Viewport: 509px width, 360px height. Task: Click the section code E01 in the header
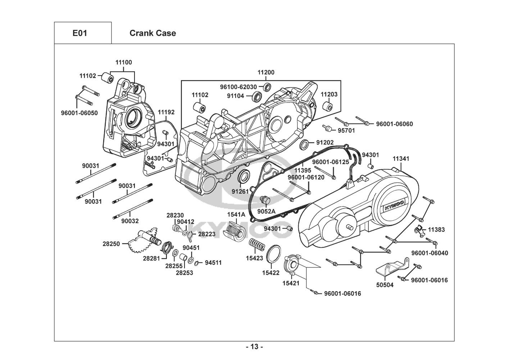click(x=79, y=33)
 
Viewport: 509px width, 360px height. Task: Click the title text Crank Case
click(x=153, y=33)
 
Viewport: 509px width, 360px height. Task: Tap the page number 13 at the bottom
click(x=254, y=347)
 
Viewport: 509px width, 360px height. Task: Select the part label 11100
click(x=123, y=62)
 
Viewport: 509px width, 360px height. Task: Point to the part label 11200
click(x=266, y=72)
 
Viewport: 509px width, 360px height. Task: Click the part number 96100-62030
click(x=238, y=87)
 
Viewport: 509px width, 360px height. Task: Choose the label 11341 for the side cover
click(x=401, y=159)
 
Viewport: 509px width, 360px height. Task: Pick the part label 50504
click(x=385, y=285)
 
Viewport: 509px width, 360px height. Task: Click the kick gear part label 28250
click(x=111, y=244)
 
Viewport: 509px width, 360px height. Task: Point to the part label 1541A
click(x=236, y=215)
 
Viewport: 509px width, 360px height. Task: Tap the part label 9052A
click(x=266, y=211)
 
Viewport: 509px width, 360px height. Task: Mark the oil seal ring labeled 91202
click(x=304, y=145)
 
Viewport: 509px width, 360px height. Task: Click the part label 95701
click(x=346, y=130)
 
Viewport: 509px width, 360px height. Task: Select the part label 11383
click(x=436, y=229)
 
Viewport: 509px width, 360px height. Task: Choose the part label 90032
click(x=129, y=221)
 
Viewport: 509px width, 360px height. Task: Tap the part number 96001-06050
click(x=79, y=113)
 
